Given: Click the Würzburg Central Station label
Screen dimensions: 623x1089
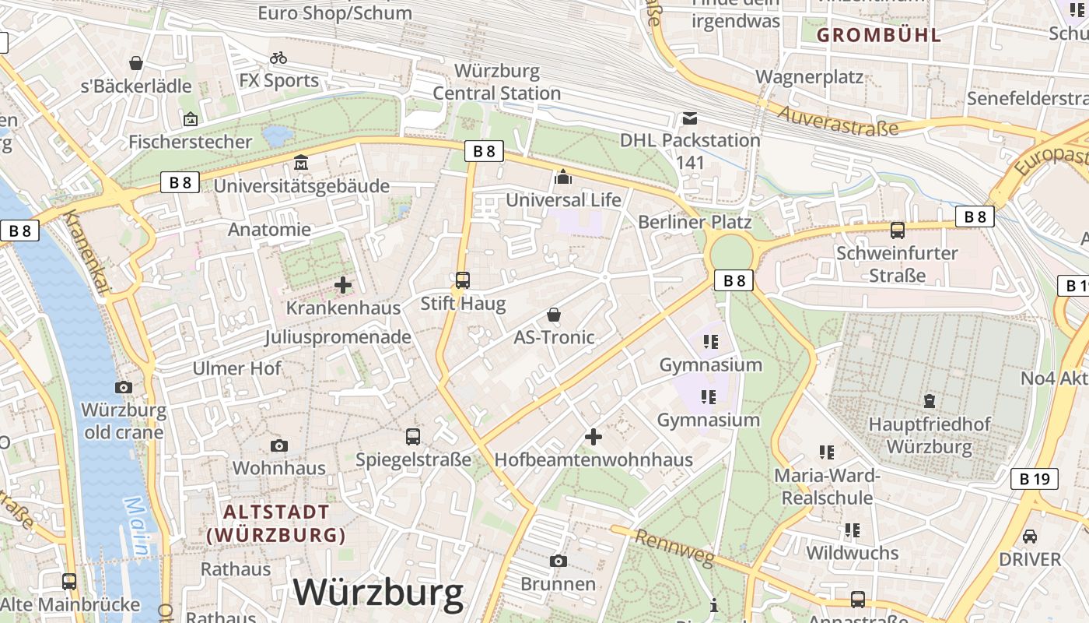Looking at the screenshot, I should [496, 82].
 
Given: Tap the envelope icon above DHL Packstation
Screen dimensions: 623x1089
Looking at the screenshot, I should [689, 119].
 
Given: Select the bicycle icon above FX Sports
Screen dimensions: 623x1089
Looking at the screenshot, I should [278, 58].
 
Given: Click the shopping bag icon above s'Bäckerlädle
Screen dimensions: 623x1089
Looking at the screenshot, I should [136, 63].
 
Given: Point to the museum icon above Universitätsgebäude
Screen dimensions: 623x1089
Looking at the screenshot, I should [301, 164].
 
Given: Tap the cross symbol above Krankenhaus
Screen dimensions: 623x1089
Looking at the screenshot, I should [342, 285].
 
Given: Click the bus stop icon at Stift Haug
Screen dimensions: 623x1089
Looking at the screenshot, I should [463, 280].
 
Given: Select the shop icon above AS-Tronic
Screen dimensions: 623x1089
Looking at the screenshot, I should [554, 315].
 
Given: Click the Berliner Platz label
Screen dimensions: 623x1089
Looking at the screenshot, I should [695, 222].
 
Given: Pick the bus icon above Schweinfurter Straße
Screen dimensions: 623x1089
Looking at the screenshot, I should [897, 231].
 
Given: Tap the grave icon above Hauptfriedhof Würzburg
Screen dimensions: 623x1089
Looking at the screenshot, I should [929, 402].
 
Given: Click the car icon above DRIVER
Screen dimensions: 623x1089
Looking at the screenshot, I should [1029, 537].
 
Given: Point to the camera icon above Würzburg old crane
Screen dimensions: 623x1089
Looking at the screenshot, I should [123, 387].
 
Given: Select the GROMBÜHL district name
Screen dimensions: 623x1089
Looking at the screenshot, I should [879, 35].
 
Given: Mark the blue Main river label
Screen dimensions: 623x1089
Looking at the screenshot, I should [138, 526].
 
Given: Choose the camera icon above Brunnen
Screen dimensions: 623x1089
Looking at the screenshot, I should [558, 561].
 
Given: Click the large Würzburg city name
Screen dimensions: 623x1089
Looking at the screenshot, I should [378, 593].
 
